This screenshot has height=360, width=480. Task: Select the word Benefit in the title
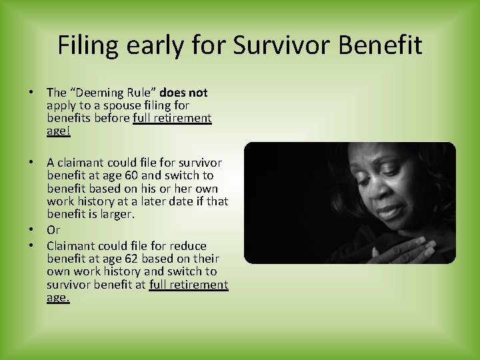[x=381, y=45]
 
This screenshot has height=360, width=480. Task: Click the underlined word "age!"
[x=59, y=131]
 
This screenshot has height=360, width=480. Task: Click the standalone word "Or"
[x=53, y=230]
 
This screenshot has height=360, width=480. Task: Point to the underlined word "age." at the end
[x=58, y=297]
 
